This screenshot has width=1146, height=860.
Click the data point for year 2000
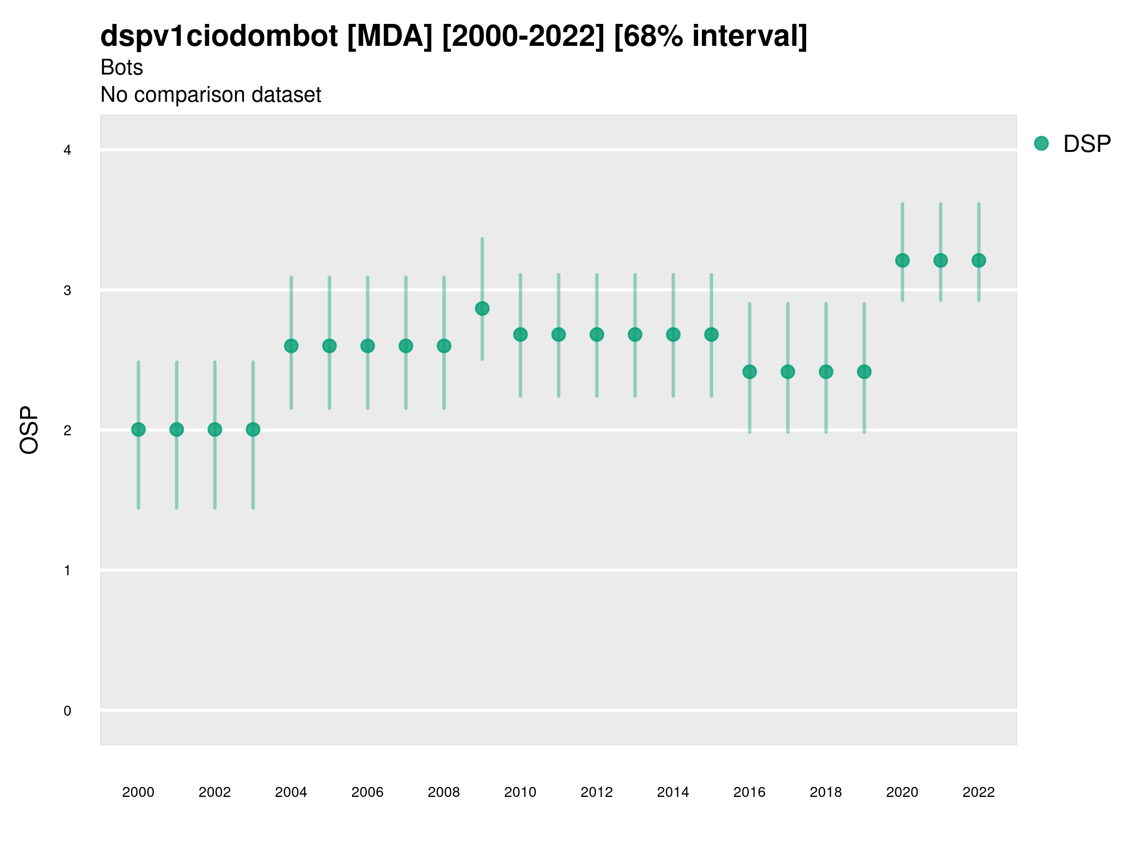coord(138,429)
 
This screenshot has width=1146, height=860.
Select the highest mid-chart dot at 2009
coord(482,309)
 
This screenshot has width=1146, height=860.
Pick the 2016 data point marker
coord(749,372)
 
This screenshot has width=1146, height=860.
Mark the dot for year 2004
coord(291,346)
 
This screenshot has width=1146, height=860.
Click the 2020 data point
coord(902,260)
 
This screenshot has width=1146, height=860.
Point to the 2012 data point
coord(596,334)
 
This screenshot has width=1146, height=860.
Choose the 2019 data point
coord(864,372)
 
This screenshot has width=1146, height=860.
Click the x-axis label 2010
coord(520,792)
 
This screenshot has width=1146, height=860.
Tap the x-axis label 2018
coord(825,792)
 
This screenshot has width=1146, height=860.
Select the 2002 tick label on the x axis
coord(214,792)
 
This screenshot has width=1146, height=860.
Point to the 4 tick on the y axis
coord(67,150)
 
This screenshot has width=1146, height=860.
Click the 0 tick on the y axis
coord(67,711)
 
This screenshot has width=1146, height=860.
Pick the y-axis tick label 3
coord(67,290)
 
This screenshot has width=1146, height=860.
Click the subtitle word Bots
coord(121,67)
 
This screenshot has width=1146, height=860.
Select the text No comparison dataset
coord(211,95)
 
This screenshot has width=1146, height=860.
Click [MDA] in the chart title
coord(390,36)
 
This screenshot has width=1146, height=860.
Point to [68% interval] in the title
coord(711,36)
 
